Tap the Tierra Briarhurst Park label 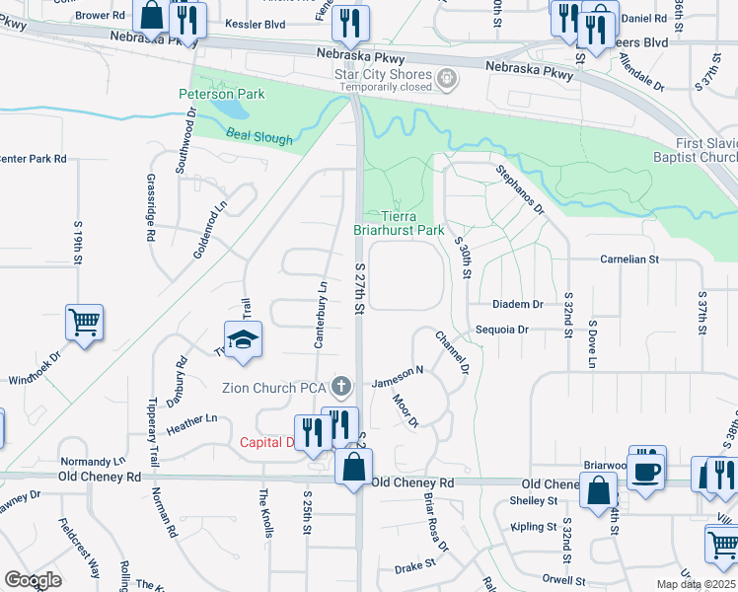400,223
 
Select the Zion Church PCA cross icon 341,384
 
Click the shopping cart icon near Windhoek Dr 85,322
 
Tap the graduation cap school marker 242,339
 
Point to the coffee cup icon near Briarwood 647,470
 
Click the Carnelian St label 628,259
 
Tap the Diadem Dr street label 524,305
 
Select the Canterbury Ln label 320,315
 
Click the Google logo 33,580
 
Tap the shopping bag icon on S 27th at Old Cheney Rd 353,466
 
